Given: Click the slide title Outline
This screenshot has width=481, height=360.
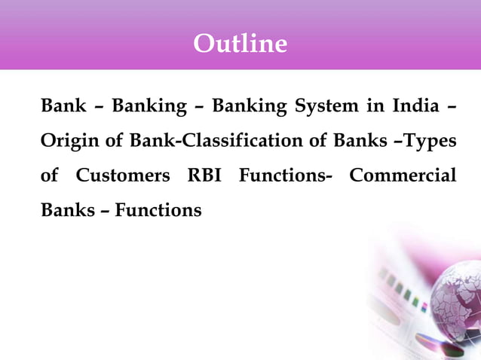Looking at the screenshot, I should point(240,43).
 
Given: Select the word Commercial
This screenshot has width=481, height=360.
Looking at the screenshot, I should point(403,175).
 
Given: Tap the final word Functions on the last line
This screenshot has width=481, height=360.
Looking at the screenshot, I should point(158,210).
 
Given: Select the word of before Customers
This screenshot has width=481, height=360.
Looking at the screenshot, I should point(50,175).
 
